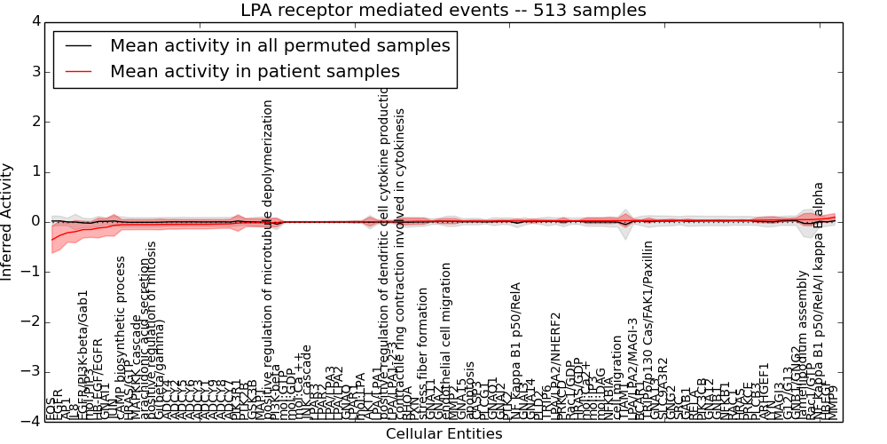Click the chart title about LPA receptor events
(443, 11)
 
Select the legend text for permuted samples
(279, 45)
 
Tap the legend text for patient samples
(255, 71)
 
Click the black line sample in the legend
(78, 45)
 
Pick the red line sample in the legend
(78, 71)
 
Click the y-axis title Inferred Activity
(8, 222)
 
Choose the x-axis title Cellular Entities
(443, 434)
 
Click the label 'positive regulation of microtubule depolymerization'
(269, 258)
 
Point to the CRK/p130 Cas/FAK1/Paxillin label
(648, 329)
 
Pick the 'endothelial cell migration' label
(446, 342)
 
